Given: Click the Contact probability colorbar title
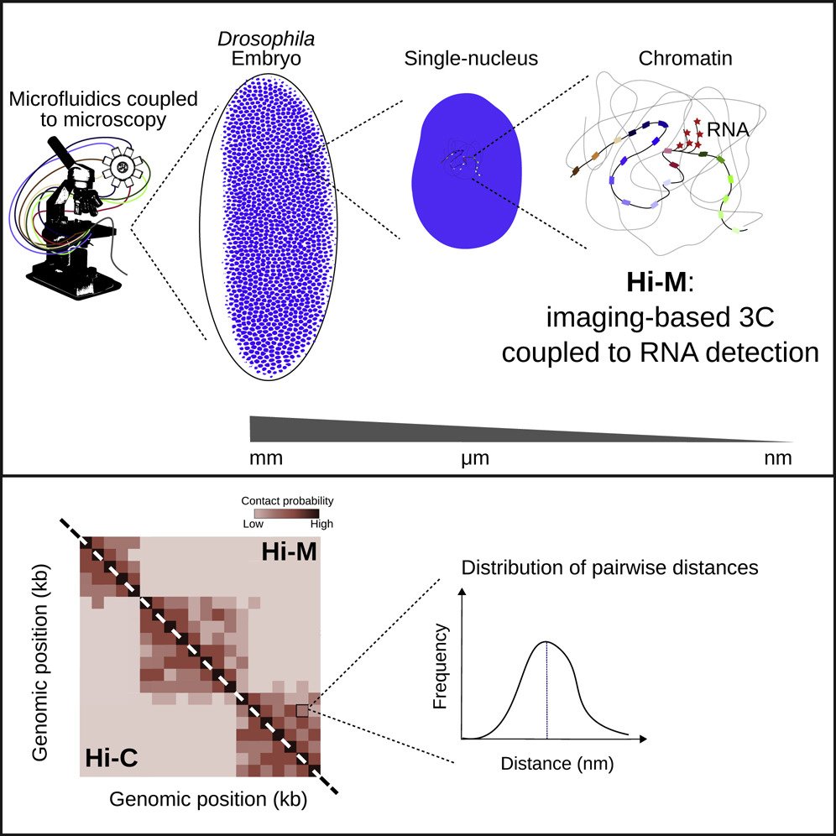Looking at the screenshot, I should [287, 500].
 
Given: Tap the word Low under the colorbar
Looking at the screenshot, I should [252, 524].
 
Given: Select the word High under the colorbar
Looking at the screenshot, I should [321, 524].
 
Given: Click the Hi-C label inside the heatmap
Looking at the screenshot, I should [112, 759].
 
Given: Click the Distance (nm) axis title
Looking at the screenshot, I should [546, 764].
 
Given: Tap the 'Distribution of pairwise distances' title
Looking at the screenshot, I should [610, 567].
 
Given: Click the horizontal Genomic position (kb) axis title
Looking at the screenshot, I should [208, 799].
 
